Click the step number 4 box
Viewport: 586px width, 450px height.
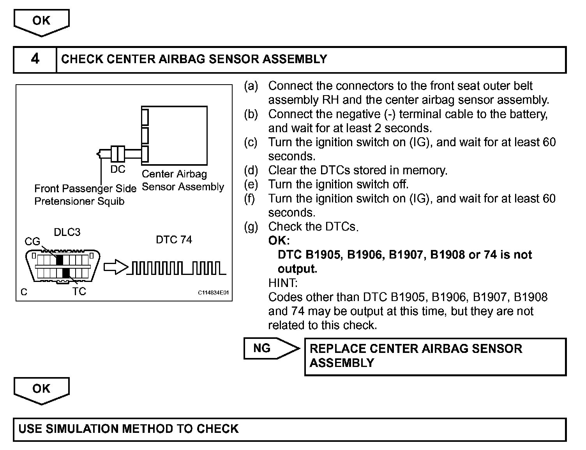[x=35, y=59]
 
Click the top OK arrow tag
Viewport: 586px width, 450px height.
[x=41, y=21]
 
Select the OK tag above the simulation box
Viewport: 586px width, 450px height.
[x=41, y=389]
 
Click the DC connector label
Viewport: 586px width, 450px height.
[x=118, y=169]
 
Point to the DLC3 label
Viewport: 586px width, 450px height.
[x=67, y=232]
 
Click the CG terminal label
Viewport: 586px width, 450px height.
[x=32, y=241]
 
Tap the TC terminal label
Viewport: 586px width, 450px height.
[x=79, y=291]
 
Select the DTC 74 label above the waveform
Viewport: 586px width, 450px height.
[x=174, y=239]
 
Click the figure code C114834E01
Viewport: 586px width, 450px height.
[x=213, y=293]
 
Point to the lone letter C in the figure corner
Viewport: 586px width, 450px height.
[x=24, y=292]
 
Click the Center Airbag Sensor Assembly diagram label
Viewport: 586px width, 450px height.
[x=182, y=180]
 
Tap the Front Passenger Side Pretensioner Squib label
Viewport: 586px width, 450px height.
[x=85, y=195]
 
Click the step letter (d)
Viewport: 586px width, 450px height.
[x=251, y=170]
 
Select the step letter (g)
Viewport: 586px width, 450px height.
[x=251, y=227]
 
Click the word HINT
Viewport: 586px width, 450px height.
[x=283, y=283]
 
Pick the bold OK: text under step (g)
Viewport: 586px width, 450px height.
[x=279, y=241]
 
